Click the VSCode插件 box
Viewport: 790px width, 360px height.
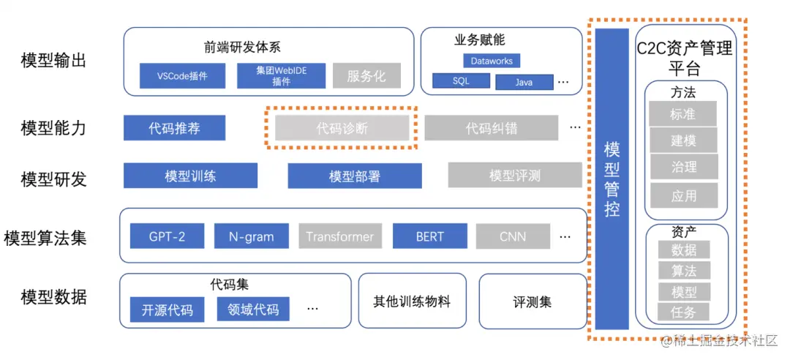point(183,76)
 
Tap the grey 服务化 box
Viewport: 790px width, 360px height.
point(366,76)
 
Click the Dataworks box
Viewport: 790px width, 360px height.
point(492,61)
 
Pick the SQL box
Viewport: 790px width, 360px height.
point(460,81)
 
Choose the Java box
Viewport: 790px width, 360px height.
point(524,82)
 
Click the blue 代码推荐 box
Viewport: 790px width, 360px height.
point(174,128)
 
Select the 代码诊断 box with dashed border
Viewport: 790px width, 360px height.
point(342,128)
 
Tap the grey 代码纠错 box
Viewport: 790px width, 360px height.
point(491,128)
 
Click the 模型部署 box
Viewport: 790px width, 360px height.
point(354,176)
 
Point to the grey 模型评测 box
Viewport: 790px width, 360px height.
point(515,176)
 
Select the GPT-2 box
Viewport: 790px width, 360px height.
point(167,236)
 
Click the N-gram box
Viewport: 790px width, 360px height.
point(251,236)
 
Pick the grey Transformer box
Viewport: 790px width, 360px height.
point(339,236)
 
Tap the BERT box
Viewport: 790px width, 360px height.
point(429,236)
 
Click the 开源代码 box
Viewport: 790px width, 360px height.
point(168,310)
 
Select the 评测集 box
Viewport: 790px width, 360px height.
point(532,301)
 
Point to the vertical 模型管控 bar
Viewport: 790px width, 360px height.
point(612,179)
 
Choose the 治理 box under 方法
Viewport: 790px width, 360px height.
point(683,167)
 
